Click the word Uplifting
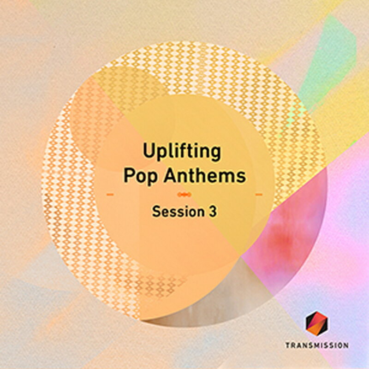tap(182, 152)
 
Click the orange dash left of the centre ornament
tap(110, 195)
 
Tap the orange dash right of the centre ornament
tap(259, 195)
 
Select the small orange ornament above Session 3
tap(184, 195)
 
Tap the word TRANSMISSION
tap(316, 345)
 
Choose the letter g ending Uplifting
tap(214, 154)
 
